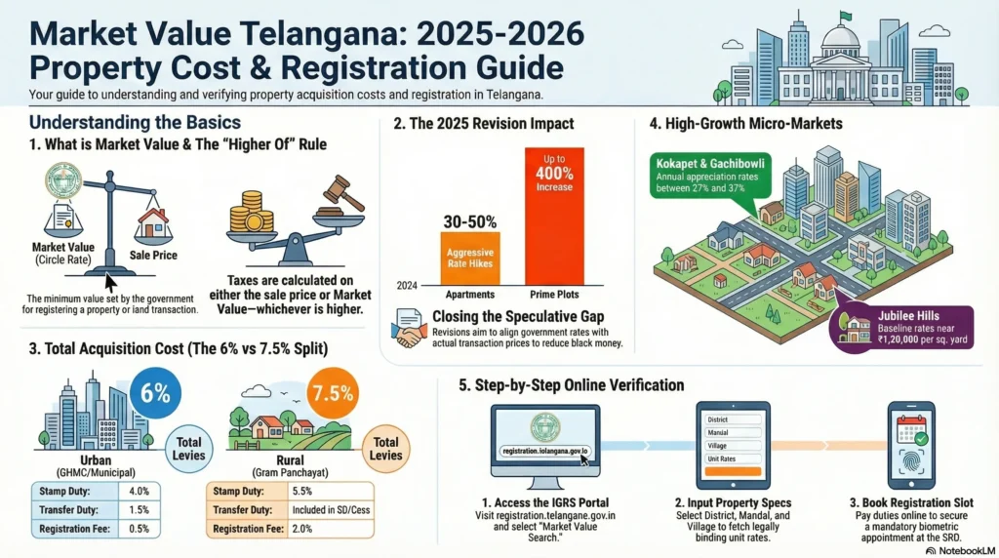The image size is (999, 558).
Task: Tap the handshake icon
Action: coord(407,327)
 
